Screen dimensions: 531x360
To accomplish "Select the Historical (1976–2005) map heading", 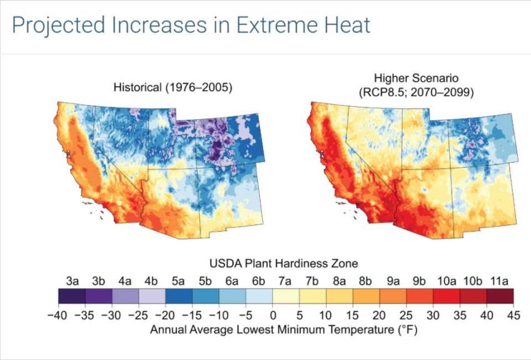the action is (173, 87).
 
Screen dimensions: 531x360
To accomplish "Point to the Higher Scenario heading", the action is (416, 78).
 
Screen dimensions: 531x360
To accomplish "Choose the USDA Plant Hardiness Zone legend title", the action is (284, 263).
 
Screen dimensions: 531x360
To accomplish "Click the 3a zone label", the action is (72, 281).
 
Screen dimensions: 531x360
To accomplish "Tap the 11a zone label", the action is (500, 281).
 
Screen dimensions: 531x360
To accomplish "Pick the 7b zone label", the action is (311, 281).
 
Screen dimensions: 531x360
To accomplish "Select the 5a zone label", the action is (178, 281).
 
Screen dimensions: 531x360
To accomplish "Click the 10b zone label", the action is (472, 281).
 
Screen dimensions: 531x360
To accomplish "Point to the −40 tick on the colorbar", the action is (58, 316).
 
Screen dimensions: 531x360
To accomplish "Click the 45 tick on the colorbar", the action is (513, 316).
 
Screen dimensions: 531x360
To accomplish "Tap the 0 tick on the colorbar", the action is (273, 316).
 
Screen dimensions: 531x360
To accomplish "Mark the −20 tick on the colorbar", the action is (165, 316).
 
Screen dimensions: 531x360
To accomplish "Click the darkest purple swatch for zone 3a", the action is (72, 296).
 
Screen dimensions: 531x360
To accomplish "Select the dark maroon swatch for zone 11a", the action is (500, 296).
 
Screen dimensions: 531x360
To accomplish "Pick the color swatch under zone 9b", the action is (420, 296).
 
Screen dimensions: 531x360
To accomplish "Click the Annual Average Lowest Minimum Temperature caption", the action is (284, 329).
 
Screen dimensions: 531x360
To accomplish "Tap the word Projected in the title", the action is (58, 26).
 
